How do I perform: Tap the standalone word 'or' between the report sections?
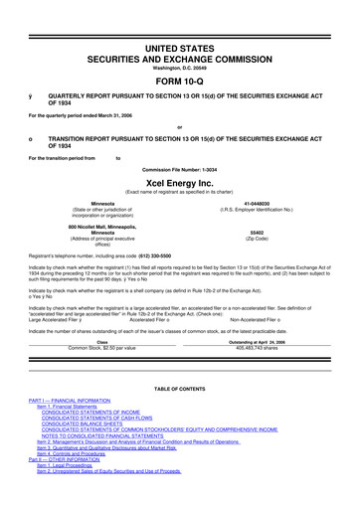tap(180, 124)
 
